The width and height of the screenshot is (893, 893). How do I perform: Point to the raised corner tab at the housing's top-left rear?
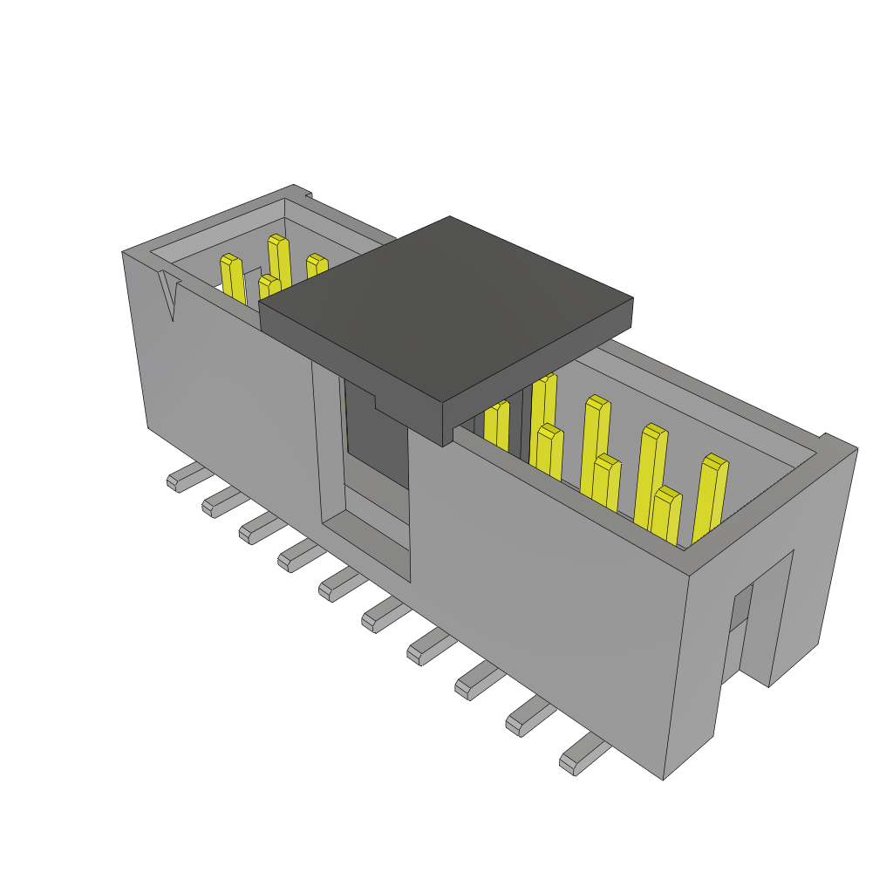tap(301, 191)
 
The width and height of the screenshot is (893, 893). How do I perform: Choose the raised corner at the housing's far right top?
tap(837, 443)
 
